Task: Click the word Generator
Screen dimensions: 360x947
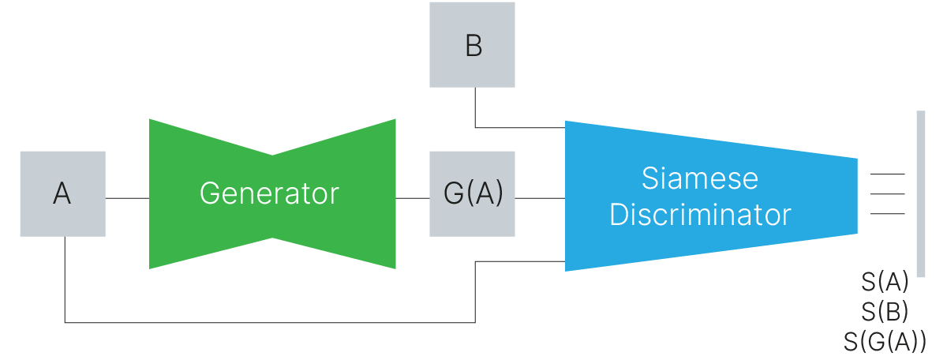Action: pos(269,193)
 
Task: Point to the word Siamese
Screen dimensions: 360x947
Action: pos(699,178)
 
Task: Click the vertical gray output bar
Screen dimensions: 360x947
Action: pos(920,193)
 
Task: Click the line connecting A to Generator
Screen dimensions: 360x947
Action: pos(127,197)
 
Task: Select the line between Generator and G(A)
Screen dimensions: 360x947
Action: pos(412,197)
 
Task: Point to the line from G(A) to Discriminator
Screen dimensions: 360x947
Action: pos(540,197)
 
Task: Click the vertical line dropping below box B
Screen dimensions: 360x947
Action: pos(475,107)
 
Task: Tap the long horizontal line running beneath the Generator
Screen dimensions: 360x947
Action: pos(268,322)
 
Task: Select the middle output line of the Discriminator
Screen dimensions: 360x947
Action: pos(887,194)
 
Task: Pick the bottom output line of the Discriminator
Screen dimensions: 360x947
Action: pos(887,213)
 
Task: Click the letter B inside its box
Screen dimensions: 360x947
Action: pos(473,46)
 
